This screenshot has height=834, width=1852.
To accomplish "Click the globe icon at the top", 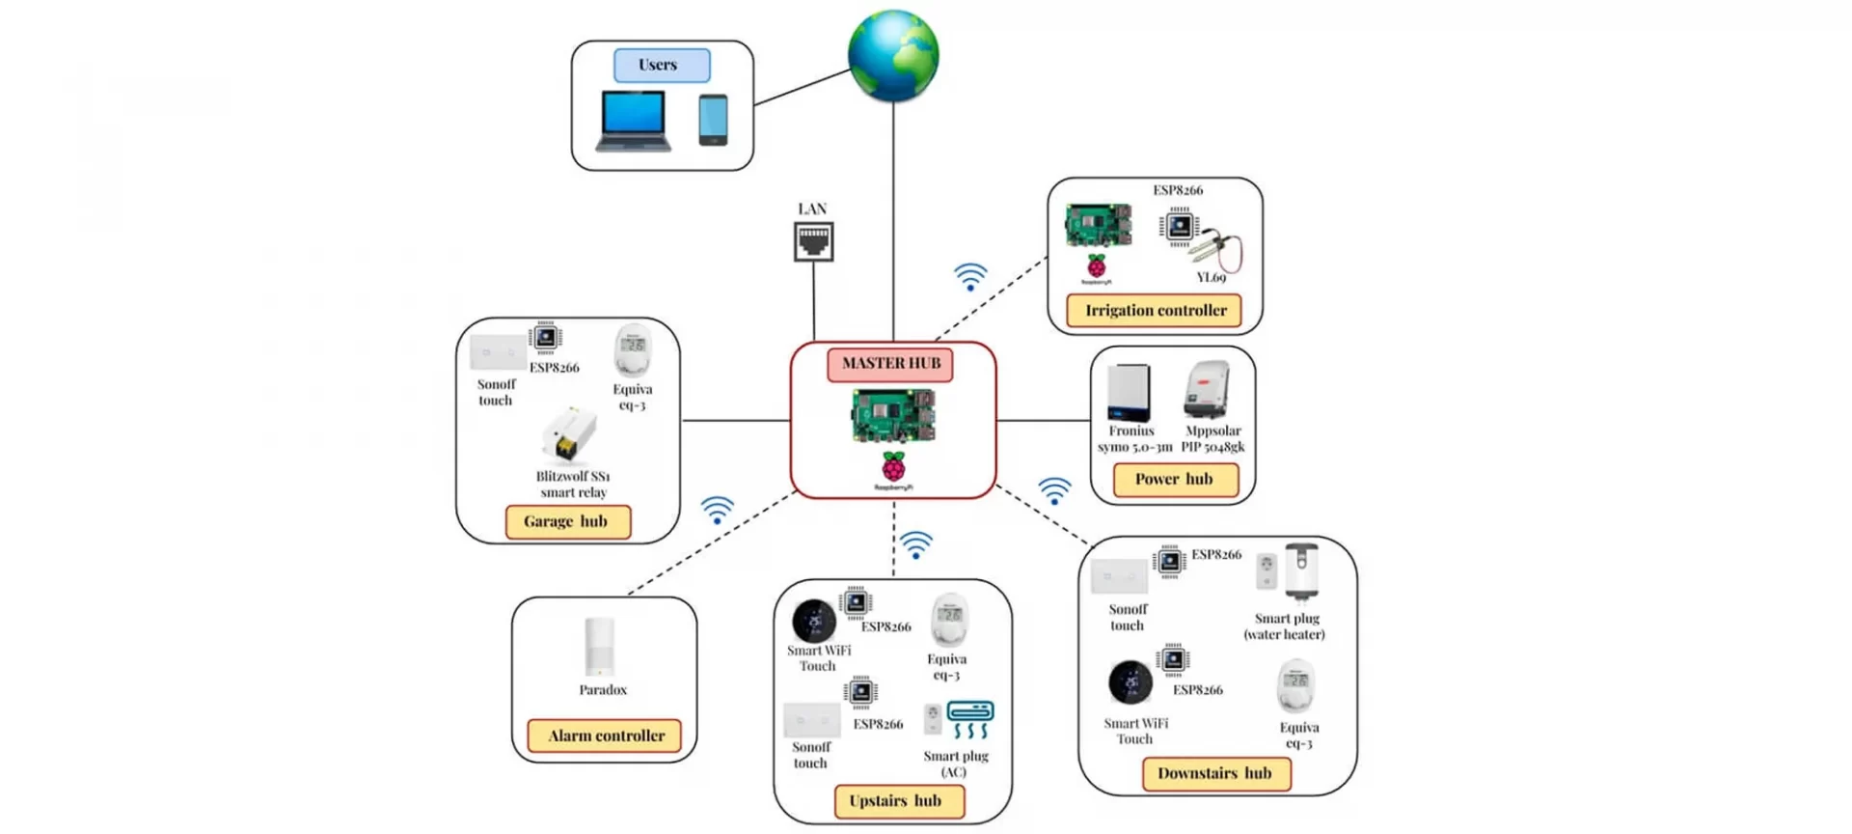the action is (893, 56).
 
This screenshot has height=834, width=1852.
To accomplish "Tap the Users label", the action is (662, 66).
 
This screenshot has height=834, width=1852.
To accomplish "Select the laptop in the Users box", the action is (633, 122).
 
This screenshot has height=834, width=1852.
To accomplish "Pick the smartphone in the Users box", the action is (713, 120).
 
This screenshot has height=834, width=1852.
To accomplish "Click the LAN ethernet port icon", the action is (813, 241).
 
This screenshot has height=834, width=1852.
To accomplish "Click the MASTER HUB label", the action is (890, 364).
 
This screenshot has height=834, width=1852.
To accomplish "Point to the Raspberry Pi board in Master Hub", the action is (893, 415).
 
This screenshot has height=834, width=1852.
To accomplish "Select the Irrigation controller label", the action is (1155, 311).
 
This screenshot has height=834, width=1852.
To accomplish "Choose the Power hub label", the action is (1175, 480).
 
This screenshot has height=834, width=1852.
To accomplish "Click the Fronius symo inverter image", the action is (1130, 392).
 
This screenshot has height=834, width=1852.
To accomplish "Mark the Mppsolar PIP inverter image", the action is (1207, 390).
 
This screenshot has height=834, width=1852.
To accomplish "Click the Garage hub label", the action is (567, 522).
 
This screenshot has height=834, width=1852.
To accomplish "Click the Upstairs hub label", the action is (898, 801).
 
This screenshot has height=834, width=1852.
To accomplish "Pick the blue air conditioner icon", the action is (970, 720).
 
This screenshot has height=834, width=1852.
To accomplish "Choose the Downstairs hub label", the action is (1215, 774).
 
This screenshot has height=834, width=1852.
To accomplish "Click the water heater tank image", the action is (1301, 571).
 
